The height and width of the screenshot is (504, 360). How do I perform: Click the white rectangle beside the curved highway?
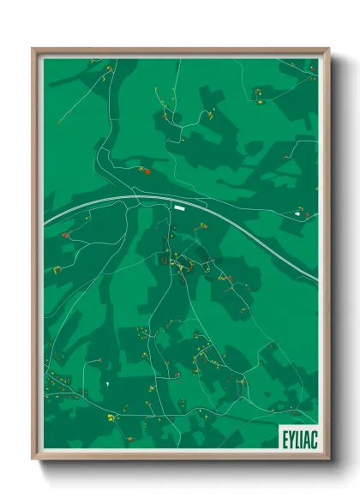(179, 206)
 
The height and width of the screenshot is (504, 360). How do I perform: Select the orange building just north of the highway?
(144, 171)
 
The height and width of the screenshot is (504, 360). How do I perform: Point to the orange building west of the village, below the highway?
(65, 234)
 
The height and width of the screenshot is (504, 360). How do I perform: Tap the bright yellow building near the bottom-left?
(110, 417)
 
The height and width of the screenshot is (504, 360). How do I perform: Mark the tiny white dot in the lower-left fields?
(107, 386)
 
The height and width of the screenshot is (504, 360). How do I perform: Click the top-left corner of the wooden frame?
(33, 49)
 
